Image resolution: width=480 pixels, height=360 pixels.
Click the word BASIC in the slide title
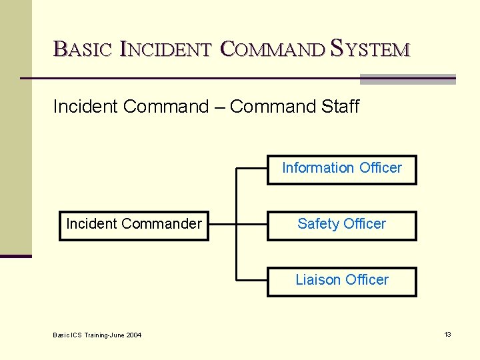[82, 49]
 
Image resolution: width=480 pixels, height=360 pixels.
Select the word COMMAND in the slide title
[271, 49]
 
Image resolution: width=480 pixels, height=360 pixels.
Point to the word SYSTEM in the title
[370, 49]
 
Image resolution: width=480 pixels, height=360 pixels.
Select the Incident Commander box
[134, 225]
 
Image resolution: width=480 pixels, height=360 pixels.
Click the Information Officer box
[342, 169]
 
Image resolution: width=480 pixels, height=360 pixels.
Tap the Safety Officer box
[342, 225]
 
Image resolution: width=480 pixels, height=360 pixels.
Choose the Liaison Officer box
[342, 281]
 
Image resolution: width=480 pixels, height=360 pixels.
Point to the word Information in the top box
[318, 168]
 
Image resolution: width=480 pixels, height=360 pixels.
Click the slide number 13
[447, 335]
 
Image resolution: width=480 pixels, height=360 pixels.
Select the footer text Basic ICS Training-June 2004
[97, 335]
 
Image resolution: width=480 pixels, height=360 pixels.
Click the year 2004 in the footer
[133, 335]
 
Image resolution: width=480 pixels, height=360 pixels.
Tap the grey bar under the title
[407, 79]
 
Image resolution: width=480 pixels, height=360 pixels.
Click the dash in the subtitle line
[219, 107]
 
